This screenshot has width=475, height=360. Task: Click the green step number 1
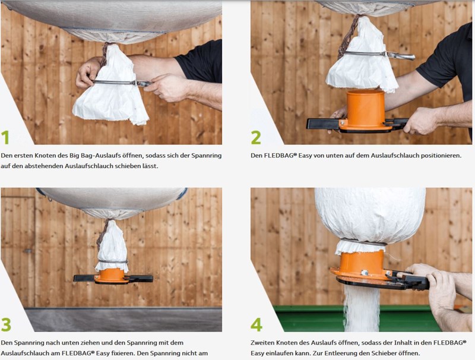coord(5,138)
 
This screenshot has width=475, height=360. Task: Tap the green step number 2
coord(256,138)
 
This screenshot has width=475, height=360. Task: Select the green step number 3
coord(6,325)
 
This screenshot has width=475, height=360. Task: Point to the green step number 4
coord(256,325)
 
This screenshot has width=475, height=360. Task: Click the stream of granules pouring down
coord(362,308)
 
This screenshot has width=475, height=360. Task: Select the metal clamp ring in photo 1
coord(121,83)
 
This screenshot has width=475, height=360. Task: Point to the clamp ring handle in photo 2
coord(400,55)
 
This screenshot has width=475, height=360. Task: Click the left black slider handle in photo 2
coord(324,124)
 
